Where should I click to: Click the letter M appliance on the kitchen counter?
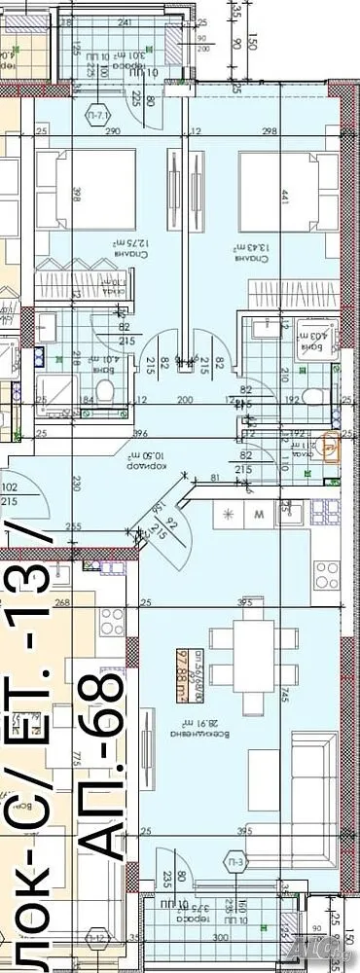click(260, 513)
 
